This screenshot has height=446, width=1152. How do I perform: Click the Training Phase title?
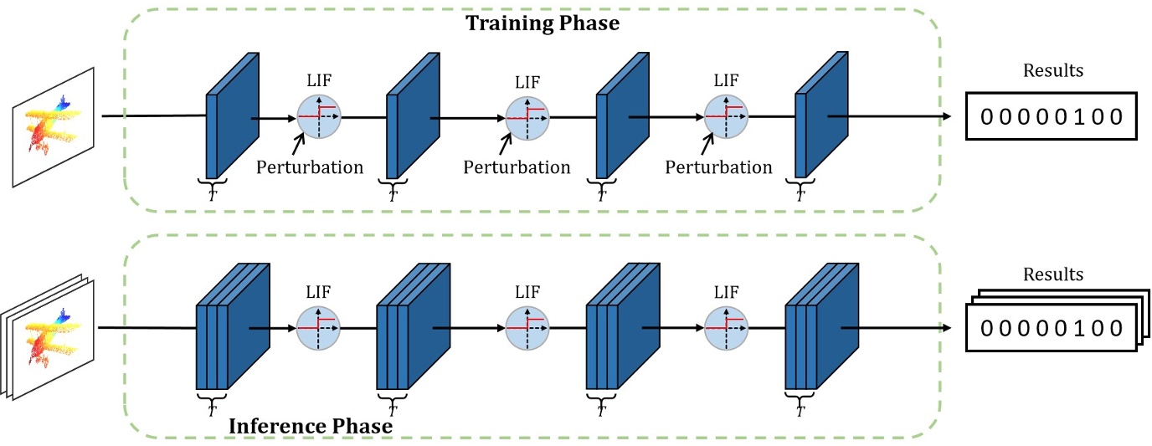(x=542, y=23)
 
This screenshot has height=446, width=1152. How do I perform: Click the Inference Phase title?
(x=311, y=426)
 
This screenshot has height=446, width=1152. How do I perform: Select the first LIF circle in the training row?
(x=320, y=118)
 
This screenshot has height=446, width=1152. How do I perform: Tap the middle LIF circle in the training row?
(x=527, y=118)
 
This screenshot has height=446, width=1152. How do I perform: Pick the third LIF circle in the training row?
(x=727, y=118)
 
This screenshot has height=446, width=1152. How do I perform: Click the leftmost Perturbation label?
(x=311, y=167)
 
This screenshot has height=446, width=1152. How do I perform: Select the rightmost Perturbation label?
(x=718, y=167)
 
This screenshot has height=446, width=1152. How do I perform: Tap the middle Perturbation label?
(x=517, y=167)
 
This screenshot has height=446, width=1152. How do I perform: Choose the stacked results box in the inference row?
(x=1052, y=325)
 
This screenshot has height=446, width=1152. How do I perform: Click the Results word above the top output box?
(x=1052, y=70)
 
